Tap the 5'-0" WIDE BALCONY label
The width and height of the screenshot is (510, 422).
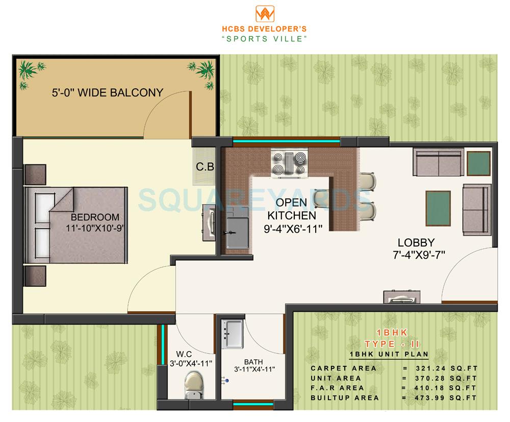point(107,93)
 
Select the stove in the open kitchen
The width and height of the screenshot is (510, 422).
point(289,163)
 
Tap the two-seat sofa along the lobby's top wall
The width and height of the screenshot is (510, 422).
point(437,162)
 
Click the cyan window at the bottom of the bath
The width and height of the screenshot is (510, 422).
point(253,406)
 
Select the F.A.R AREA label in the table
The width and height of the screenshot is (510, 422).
point(338,388)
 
